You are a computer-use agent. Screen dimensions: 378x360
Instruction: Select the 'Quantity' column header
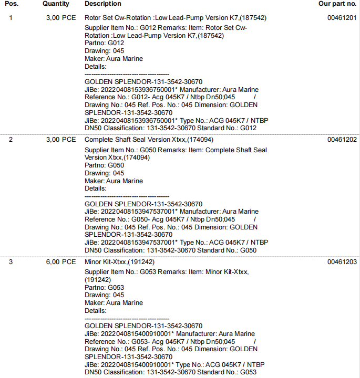pyautogui.click(x=56, y=4)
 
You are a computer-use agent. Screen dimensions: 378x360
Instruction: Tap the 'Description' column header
pyautogui.click(x=102, y=4)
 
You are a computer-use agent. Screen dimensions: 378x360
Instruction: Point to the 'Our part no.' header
pyautogui.click(x=337, y=4)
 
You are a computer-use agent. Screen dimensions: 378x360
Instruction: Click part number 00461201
pyautogui.click(x=342, y=18)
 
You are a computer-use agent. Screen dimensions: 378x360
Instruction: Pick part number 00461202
pyautogui.click(x=342, y=140)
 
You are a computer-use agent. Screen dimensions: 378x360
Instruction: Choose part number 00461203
pyautogui.click(x=342, y=261)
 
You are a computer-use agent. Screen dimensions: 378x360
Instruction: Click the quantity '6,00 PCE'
pyautogui.click(x=61, y=261)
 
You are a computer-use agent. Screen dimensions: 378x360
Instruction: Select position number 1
pyautogui.click(x=11, y=18)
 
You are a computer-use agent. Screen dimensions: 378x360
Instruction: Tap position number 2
pyautogui.click(x=11, y=140)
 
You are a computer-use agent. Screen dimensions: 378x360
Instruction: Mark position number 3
pyautogui.click(x=11, y=261)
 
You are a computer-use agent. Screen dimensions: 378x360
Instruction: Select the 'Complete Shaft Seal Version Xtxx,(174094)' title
pyautogui.click(x=149, y=140)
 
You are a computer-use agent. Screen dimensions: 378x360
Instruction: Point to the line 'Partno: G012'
pyautogui.click(x=104, y=43)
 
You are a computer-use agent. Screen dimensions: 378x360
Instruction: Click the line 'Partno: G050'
pyautogui.click(x=104, y=165)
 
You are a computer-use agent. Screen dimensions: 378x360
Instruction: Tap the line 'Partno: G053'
pyautogui.click(x=104, y=288)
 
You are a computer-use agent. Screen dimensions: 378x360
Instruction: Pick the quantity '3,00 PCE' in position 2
pyautogui.click(x=61, y=140)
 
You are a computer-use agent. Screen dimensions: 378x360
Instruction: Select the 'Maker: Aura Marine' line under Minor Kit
pyautogui.click(x=114, y=303)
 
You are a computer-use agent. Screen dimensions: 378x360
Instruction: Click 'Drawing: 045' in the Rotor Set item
pyautogui.click(x=104, y=51)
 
